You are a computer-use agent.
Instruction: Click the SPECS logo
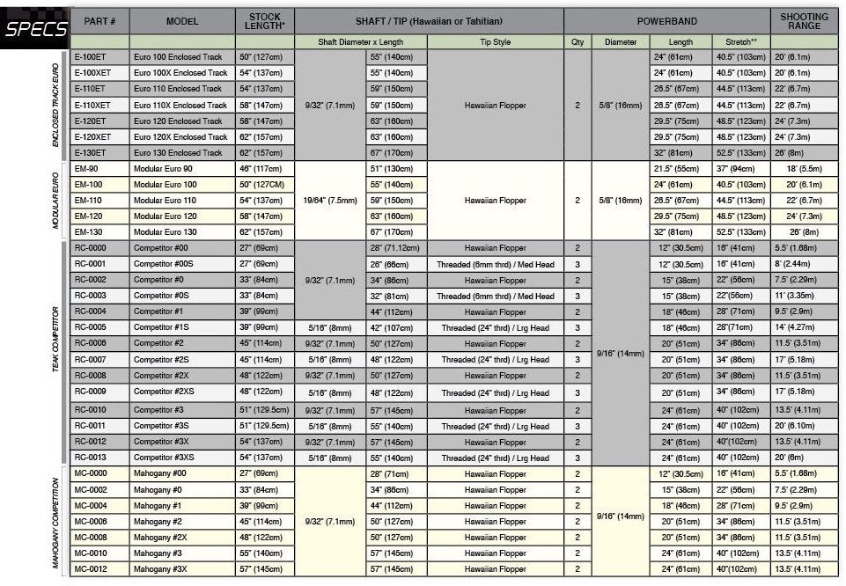[x=36, y=29]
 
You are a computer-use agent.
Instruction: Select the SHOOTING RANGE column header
[x=805, y=20]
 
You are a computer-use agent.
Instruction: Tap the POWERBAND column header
[x=666, y=20]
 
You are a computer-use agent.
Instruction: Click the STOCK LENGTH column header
[x=265, y=20]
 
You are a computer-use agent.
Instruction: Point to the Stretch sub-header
[x=740, y=41]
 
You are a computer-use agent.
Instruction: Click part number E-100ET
[x=99, y=57]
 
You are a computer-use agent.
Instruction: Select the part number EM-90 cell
[x=99, y=169]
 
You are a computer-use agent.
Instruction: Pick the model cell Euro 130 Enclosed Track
[x=182, y=152]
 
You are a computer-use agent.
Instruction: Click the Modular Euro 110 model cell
[x=182, y=201]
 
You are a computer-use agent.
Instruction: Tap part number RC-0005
[x=99, y=327]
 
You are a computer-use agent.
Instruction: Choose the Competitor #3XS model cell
[x=182, y=458]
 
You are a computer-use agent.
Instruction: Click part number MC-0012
[x=99, y=569]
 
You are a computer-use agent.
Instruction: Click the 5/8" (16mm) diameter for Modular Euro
[x=621, y=201]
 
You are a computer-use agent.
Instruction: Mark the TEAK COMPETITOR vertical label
[x=55, y=352]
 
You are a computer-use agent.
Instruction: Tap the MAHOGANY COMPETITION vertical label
[x=55, y=522]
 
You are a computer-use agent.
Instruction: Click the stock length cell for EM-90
[x=265, y=169]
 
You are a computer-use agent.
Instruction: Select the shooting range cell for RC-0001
[x=805, y=263]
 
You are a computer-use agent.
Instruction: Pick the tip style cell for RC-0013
[x=495, y=458]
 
